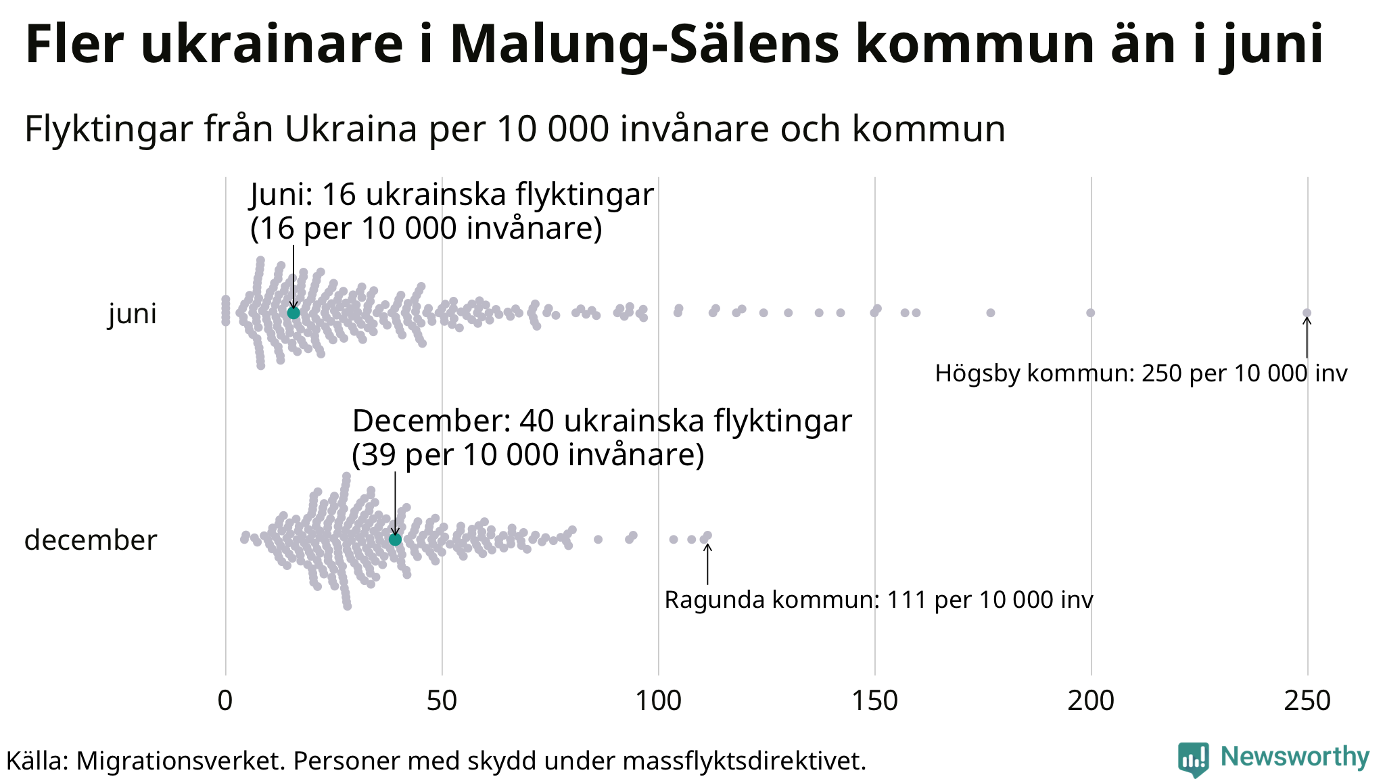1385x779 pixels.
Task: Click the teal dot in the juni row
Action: (294, 312)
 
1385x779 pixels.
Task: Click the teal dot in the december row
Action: (396, 539)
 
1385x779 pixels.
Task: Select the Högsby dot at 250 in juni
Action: (1307, 312)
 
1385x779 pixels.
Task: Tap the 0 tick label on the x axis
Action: (225, 701)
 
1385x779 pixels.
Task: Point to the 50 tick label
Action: (442, 701)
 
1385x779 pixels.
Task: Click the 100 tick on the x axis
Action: (658, 701)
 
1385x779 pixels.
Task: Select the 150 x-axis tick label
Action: (874, 701)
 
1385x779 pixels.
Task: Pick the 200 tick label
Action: (1091, 701)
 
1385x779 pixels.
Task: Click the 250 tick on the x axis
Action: (1307, 701)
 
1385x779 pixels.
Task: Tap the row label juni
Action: (133, 314)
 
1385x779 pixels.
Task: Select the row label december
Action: (91, 540)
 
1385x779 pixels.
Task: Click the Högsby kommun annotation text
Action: (1141, 373)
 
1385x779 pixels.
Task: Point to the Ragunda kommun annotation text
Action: (878, 600)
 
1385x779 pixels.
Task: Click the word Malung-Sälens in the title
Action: (646, 45)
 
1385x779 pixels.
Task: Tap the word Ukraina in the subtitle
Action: (350, 128)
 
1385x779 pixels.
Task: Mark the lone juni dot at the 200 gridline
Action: (1091, 312)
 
